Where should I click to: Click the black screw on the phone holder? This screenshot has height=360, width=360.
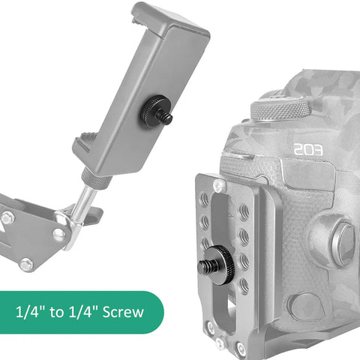pyautogui.click(x=155, y=111)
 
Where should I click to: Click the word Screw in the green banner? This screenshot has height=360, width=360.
pyautogui.click(x=123, y=312)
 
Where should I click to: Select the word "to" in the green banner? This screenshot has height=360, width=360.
pyautogui.click(x=56, y=312)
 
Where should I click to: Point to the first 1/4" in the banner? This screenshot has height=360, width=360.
pyautogui.click(x=30, y=312)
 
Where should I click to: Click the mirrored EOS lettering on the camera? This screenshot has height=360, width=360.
pyautogui.click(x=308, y=149)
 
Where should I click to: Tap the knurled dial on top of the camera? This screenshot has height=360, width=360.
pyautogui.click(x=281, y=109)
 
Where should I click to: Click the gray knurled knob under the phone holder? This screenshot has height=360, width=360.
pyautogui.click(x=97, y=178)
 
